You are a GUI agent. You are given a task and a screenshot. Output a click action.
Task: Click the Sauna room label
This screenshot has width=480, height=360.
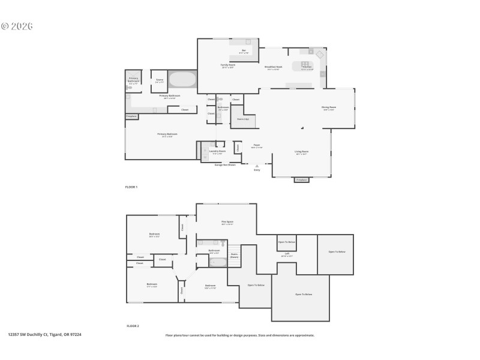pos(160,80)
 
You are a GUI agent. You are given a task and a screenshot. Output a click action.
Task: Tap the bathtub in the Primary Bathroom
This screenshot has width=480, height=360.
pos(181,80)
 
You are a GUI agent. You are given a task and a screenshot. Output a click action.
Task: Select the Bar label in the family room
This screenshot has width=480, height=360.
pos(244,50)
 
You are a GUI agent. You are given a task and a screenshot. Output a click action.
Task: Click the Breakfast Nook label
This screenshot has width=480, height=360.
pos(274,67)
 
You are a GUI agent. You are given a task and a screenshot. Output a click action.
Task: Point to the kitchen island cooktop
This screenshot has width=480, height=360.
pos(305,64)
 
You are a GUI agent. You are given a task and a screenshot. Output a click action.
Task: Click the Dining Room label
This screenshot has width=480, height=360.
pos(329,107)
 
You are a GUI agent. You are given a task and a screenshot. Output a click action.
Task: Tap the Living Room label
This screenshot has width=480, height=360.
pos(301,152)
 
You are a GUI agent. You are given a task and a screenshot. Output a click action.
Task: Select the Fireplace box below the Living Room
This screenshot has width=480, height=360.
pos(302,179)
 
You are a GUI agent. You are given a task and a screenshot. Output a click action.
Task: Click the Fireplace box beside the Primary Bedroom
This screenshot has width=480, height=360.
pos(131,116)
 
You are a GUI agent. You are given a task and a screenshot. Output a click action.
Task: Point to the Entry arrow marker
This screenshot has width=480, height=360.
pos(257,166)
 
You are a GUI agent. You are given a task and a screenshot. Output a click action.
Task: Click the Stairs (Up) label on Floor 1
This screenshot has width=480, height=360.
pos(244,119)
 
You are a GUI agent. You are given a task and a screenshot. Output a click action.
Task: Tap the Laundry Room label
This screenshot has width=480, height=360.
pos(217,151)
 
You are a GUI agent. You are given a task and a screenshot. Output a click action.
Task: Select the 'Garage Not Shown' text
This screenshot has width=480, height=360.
pos(225,164)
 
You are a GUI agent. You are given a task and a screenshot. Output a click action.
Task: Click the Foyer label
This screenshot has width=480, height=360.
pos(256,145)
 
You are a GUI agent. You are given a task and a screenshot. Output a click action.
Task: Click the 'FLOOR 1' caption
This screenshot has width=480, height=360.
pos(131,187)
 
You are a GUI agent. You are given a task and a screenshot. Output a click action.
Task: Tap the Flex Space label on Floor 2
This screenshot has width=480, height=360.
pos(227,222)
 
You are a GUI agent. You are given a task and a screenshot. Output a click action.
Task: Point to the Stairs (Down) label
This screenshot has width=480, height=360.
pos(234,254)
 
